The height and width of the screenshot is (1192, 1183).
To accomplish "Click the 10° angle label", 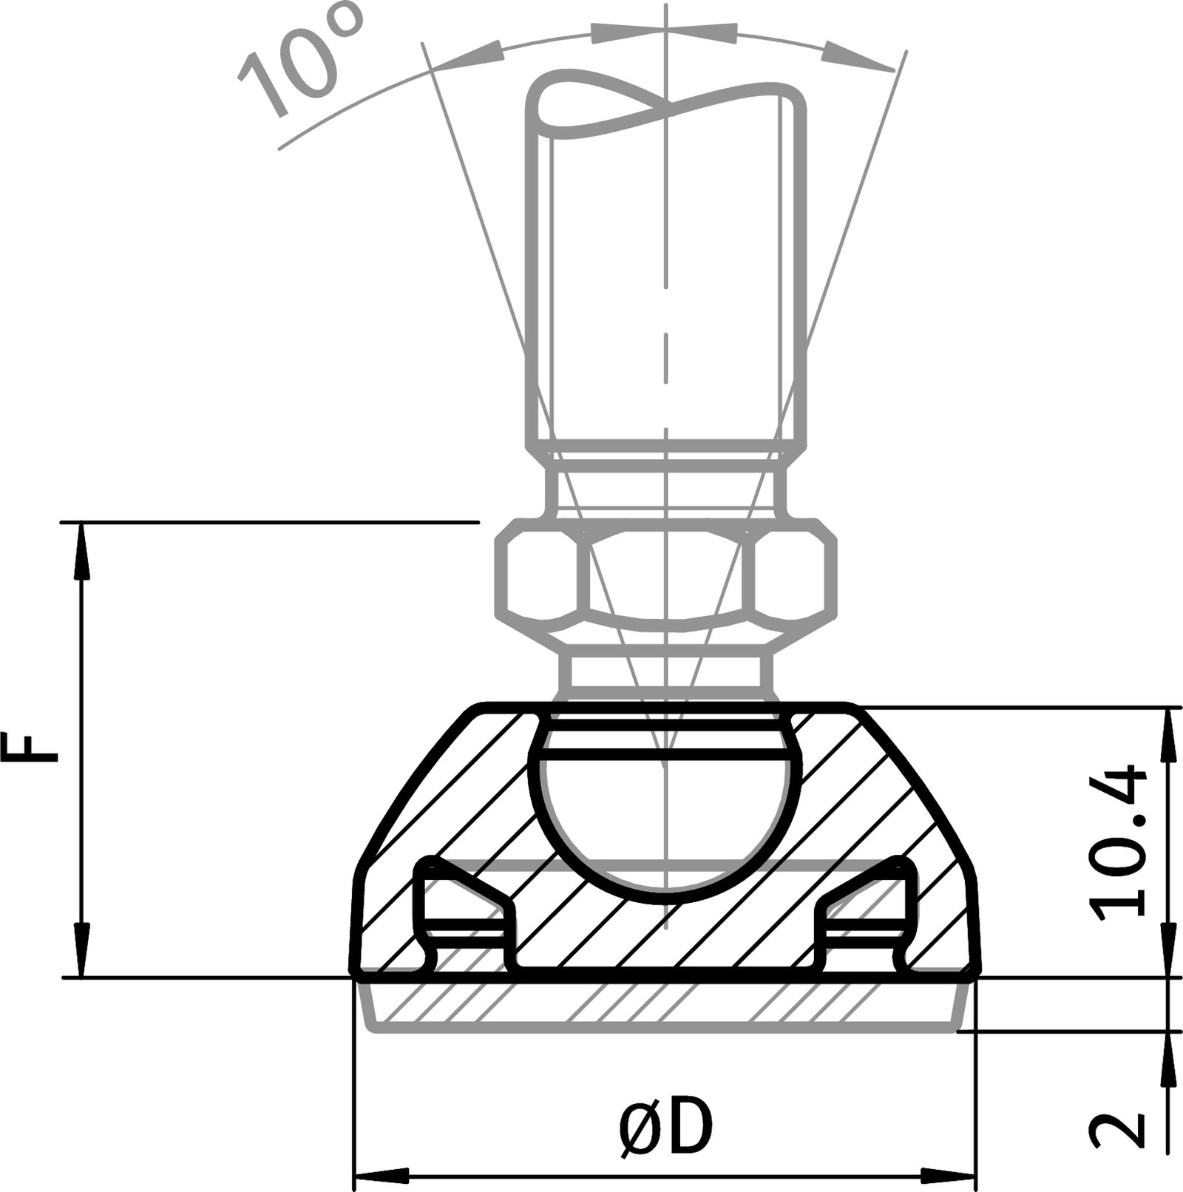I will (299, 63).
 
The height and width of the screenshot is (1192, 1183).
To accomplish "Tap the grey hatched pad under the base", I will (665, 1006).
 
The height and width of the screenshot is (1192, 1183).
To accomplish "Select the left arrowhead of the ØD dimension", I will (381, 1176).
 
